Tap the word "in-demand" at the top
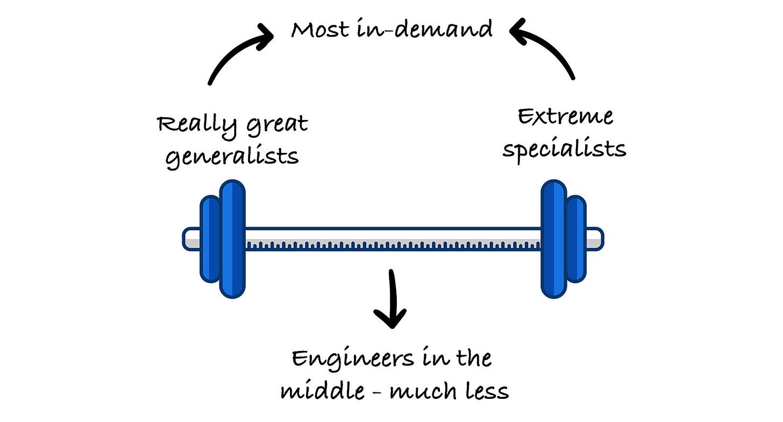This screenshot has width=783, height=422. pyautogui.click(x=425, y=29)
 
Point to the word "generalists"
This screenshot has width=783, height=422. pyautogui.click(x=232, y=157)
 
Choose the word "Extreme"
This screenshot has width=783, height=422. pyautogui.click(x=565, y=116)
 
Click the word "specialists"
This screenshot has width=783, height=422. pyautogui.click(x=565, y=149)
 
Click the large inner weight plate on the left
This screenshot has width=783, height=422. pyautogui.click(x=232, y=238)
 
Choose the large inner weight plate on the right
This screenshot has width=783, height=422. pyautogui.click(x=554, y=238)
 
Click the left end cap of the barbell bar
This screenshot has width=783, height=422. pyautogui.click(x=191, y=238)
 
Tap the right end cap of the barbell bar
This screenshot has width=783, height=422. pyautogui.click(x=594, y=238)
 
